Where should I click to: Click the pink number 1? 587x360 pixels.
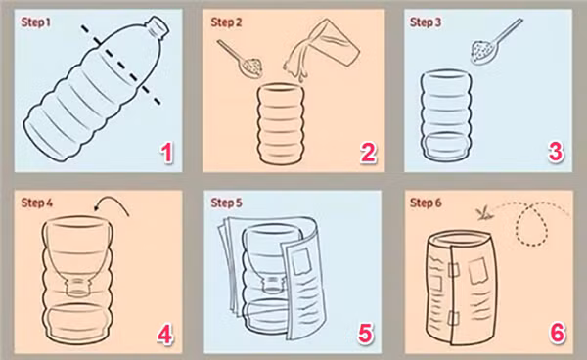167,152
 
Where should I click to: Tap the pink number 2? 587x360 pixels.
368,152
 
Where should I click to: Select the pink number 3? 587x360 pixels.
556,152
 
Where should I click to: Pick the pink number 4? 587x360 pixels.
165,334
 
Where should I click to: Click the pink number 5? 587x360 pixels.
365,334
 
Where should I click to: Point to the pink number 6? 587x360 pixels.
556,334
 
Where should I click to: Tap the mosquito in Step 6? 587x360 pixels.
481,209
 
